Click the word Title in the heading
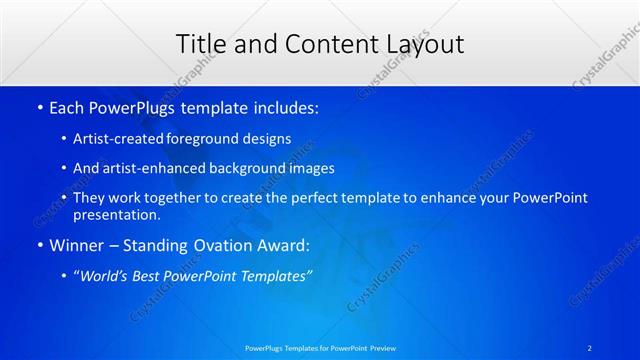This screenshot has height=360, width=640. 198,43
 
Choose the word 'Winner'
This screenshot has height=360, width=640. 76,244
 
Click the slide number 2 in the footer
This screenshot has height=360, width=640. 591,347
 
